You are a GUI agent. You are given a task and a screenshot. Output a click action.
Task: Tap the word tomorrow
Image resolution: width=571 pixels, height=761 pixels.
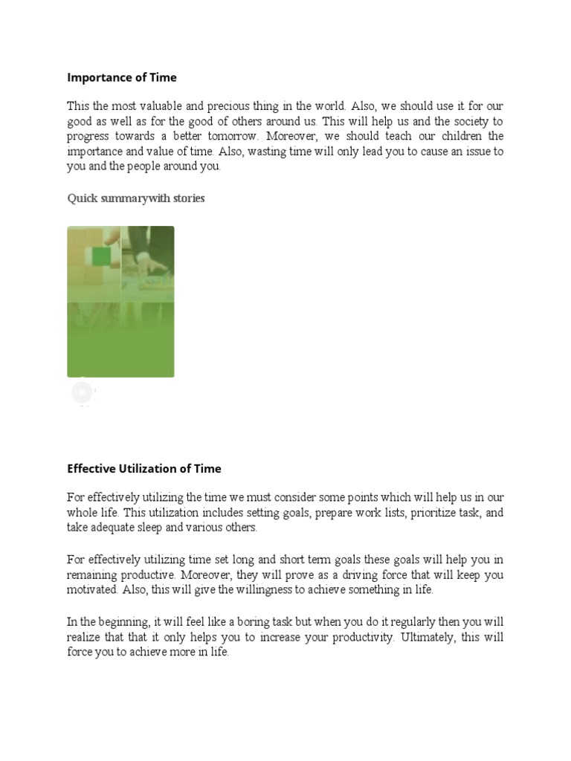coord(232,137)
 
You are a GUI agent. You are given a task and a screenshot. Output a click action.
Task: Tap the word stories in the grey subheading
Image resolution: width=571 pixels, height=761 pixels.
coord(188,198)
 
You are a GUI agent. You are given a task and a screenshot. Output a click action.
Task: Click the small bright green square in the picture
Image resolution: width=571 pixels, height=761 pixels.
coord(101,257)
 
